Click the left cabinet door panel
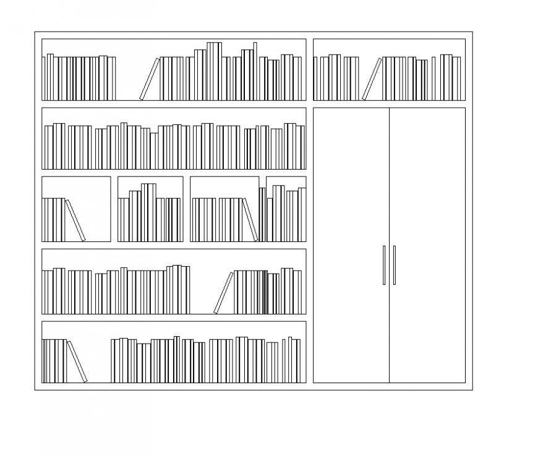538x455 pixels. pyautogui.click(x=351, y=186)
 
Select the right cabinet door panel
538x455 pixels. pyautogui.click(x=427, y=186)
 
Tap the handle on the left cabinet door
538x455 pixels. pyautogui.click(x=384, y=265)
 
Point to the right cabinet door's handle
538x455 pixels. pyautogui.click(x=395, y=265)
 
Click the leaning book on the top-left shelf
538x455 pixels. pyautogui.click(x=149, y=79)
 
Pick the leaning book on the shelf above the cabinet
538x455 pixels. pyautogui.click(x=372, y=79)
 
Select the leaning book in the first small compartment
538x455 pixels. pyautogui.click(x=75, y=220)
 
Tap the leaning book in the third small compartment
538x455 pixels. pyautogui.click(x=250, y=220)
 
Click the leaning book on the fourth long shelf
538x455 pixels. pyautogui.click(x=223, y=293)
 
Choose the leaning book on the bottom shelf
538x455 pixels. pyautogui.click(x=77, y=362)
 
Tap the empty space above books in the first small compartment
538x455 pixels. pyautogui.click(x=75, y=187)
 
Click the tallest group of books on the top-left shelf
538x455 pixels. pyautogui.click(x=214, y=71)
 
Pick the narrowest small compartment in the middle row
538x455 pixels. pyautogui.click(x=286, y=209)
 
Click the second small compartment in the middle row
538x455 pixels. pyautogui.click(x=150, y=209)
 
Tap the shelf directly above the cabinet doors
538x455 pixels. pyautogui.click(x=389, y=69)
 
